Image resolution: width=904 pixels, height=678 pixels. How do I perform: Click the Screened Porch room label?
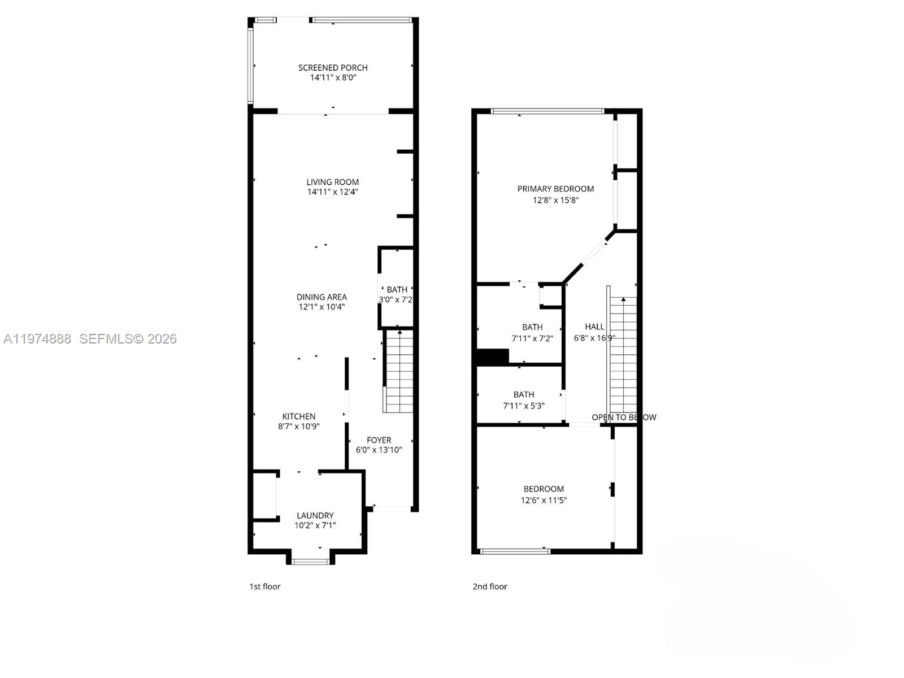pos(333,68)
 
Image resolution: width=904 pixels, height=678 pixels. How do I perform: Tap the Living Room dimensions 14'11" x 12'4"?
pos(333,192)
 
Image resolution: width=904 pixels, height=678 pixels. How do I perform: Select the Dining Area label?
pos(321,297)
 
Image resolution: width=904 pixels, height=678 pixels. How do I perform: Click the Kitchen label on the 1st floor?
pos(299,416)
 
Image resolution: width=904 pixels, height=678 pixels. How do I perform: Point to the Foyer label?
pos(379,440)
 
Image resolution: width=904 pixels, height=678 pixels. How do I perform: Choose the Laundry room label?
pos(315,515)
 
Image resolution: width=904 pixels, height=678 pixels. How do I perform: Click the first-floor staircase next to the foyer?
pos(399,371)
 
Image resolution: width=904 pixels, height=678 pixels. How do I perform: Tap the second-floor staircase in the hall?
pos(623,355)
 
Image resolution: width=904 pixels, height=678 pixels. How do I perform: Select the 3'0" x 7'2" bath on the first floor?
pos(396,294)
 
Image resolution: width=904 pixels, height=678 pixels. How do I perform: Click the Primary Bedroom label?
pos(555,189)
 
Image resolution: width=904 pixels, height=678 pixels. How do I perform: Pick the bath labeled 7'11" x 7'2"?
pos(532,332)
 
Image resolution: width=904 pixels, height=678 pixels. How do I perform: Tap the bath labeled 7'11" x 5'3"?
pos(524,399)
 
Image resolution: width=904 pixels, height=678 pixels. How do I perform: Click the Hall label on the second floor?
pos(594,327)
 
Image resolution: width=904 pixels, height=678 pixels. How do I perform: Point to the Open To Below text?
pos(624,418)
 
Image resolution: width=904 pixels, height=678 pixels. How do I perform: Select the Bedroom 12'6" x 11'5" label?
pos(544,489)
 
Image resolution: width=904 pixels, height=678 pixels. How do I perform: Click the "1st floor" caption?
pos(265,586)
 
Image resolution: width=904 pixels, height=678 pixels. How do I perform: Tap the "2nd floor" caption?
pos(490,586)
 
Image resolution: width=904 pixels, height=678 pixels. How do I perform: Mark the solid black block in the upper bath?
pos(493,357)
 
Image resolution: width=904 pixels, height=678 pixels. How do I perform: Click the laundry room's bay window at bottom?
pos(310,561)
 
